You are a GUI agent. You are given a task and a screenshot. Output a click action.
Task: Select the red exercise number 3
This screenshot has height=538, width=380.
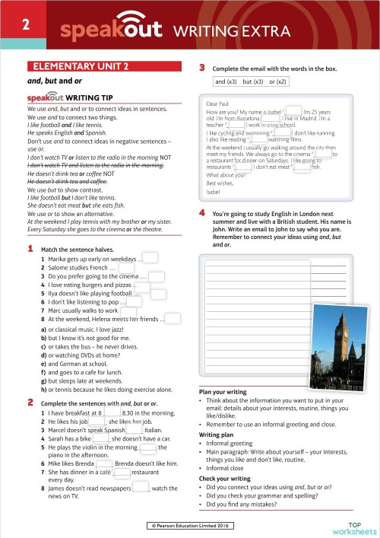pyautogui.click(x=202, y=67)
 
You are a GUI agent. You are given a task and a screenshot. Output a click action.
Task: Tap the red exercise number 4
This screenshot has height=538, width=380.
pyautogui.click(x=202, y=215)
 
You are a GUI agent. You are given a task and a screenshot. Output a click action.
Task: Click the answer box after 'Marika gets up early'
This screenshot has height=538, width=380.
pyautogui.click(x=150, y=259)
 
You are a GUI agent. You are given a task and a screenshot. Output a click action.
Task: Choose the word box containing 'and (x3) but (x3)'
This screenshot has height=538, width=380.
pyautogui.click(x=251, y=81)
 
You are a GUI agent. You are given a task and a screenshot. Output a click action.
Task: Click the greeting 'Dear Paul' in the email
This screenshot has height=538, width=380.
pyautogui.click(x=220, y=103)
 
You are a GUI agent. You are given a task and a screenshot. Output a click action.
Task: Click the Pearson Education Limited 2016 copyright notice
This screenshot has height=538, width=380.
pyautogui.click(x=191, y=525)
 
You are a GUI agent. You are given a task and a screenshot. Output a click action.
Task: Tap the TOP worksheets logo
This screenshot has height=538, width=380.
pyautogui.click(x=355, y=526)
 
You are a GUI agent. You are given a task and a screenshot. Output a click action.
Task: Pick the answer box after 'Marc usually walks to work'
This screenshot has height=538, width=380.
pyautogui.click(x=127, y=310)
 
